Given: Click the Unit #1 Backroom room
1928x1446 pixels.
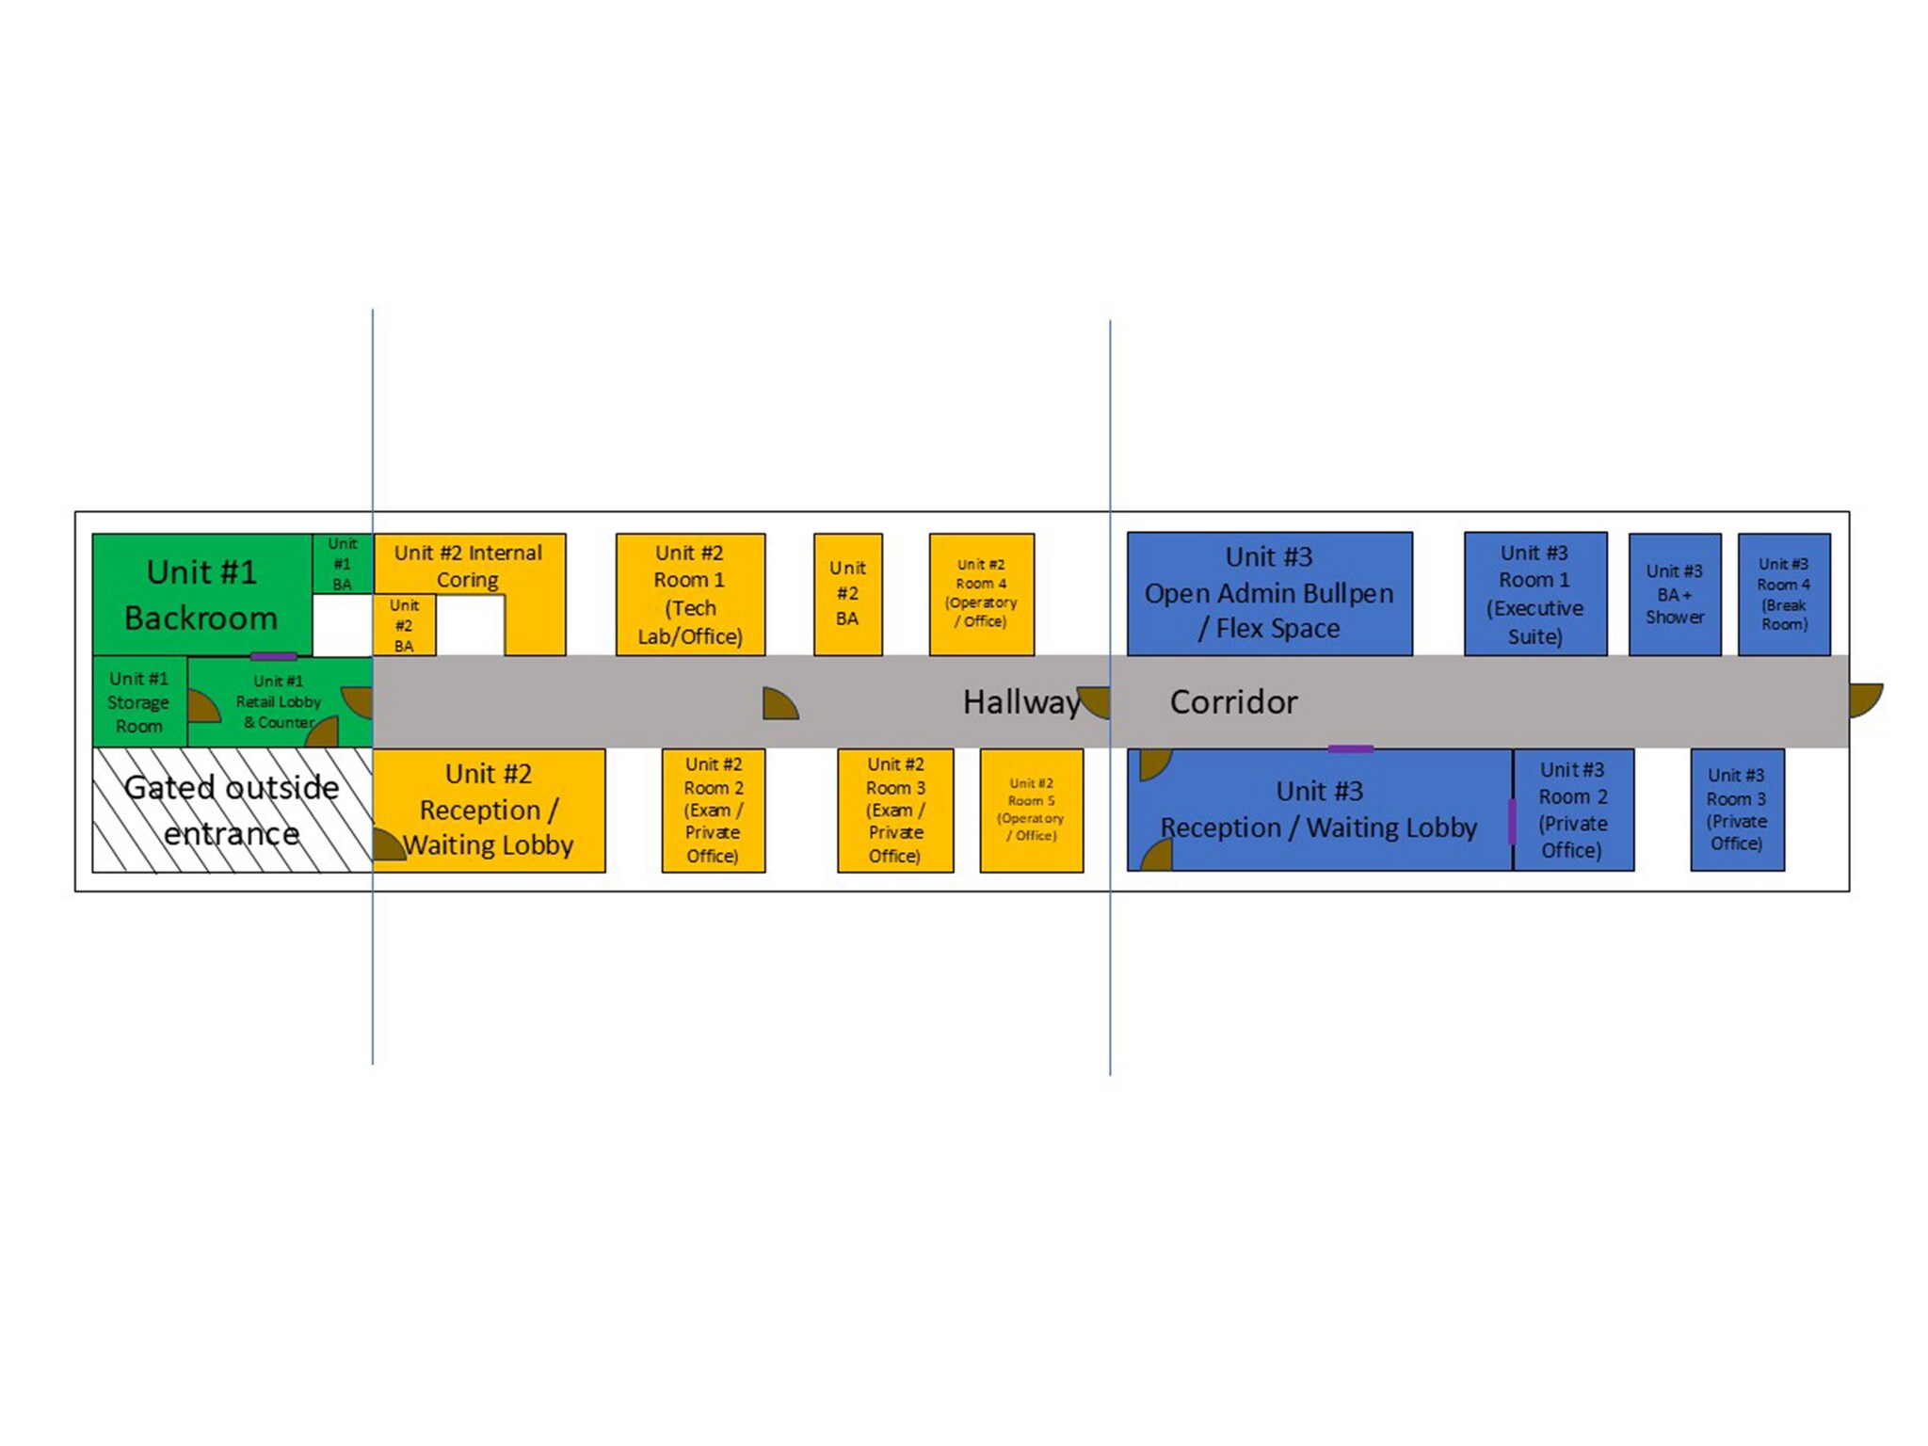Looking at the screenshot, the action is tap(202, 594).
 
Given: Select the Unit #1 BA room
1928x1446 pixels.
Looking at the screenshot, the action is tap(343, 564).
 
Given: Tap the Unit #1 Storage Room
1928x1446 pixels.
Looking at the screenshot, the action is tap(139, 701).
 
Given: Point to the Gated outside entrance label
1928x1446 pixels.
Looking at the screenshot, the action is tap(232, 810).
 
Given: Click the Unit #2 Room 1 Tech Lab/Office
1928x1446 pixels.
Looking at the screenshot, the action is tap(690, 594).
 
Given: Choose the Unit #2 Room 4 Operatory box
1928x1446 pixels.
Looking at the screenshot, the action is tap(981, 594).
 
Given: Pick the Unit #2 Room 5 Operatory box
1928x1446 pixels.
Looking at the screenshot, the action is tap(1032, 810).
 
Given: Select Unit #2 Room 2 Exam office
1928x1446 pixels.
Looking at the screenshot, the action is tap(714, 810).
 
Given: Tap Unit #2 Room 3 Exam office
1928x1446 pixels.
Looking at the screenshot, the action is tap(895, 810).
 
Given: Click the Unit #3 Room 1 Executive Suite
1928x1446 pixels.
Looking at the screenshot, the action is tap(1535, 594).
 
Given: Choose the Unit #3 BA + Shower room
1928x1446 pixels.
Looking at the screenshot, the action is tap(1675, 594).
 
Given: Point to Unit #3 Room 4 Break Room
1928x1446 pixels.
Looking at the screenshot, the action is tap(1784, 594).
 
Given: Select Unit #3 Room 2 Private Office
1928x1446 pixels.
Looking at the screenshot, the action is tap(1573, 810).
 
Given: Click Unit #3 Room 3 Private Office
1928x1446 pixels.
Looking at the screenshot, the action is tap(1737, 810).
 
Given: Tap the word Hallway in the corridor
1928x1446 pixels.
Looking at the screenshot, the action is tap(1021, 702).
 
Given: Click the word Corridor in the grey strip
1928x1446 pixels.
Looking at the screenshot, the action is tap(1233, 702).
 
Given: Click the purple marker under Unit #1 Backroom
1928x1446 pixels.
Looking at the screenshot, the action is tap(274, 656).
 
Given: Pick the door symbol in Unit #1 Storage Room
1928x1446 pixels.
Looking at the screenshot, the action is tap(204, 706).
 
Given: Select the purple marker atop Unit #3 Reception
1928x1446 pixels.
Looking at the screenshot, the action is tap(1351, 749).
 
